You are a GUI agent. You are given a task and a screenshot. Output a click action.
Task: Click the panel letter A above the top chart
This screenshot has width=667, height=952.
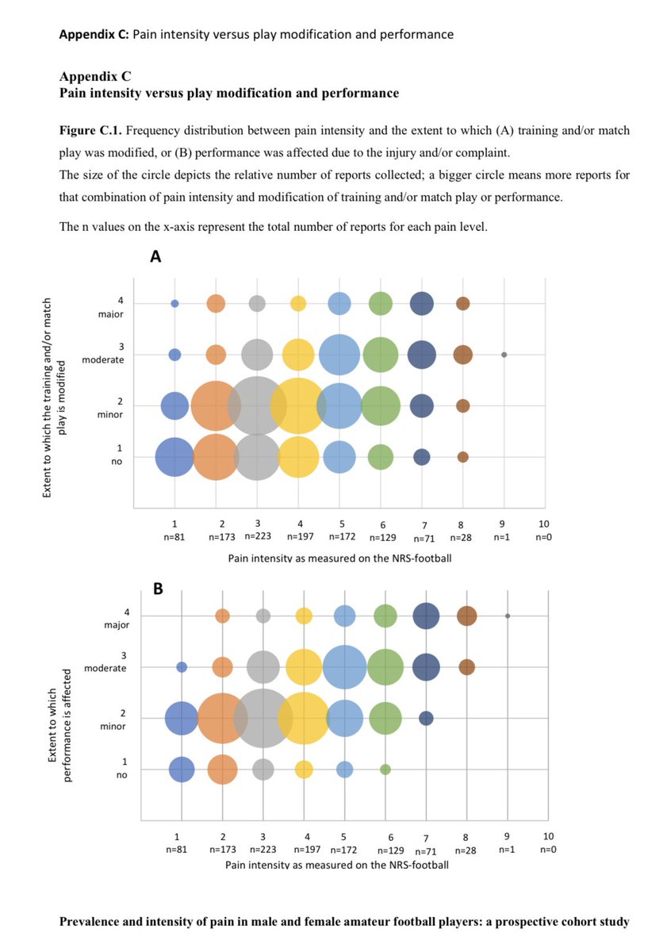156,257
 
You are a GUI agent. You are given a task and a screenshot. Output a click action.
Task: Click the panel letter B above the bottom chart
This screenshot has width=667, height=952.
157,589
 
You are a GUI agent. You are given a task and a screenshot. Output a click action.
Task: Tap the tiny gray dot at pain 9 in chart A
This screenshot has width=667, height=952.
504,355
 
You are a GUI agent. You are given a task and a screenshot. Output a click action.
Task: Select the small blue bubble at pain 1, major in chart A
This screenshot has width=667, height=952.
174,303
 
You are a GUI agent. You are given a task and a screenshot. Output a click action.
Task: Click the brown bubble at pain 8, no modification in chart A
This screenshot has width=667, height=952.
463,457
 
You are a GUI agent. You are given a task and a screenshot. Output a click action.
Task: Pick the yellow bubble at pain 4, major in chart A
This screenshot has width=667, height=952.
298,303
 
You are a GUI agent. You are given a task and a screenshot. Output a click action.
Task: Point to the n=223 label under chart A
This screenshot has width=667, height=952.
256,537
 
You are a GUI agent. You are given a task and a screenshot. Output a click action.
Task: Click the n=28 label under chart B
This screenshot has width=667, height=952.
466,848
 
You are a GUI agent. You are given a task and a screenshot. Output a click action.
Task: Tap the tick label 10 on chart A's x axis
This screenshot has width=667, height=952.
543,524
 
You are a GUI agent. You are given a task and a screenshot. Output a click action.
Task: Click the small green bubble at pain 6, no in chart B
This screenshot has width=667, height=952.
385,769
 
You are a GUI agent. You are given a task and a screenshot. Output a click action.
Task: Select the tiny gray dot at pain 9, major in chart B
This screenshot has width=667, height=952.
508,616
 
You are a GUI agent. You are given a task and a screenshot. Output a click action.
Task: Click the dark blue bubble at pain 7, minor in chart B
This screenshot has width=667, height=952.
426,718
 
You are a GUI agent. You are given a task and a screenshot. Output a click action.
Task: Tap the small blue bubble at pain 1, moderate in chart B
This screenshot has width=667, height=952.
182,667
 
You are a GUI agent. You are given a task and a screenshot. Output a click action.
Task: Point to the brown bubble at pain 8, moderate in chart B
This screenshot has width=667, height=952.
467,667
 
